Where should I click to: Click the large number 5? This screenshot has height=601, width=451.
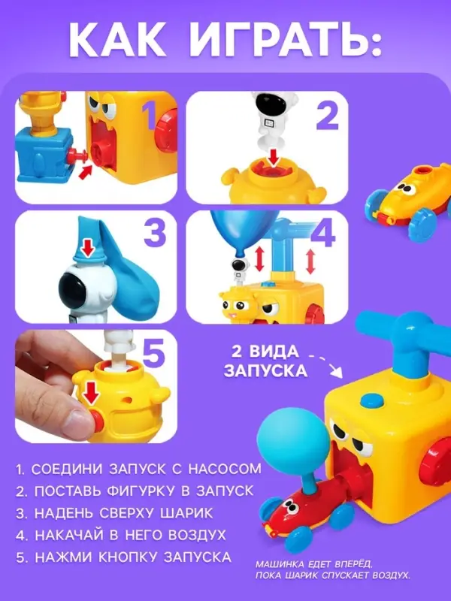point(154,353)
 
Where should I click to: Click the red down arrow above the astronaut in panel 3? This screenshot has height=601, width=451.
point(89,246)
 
